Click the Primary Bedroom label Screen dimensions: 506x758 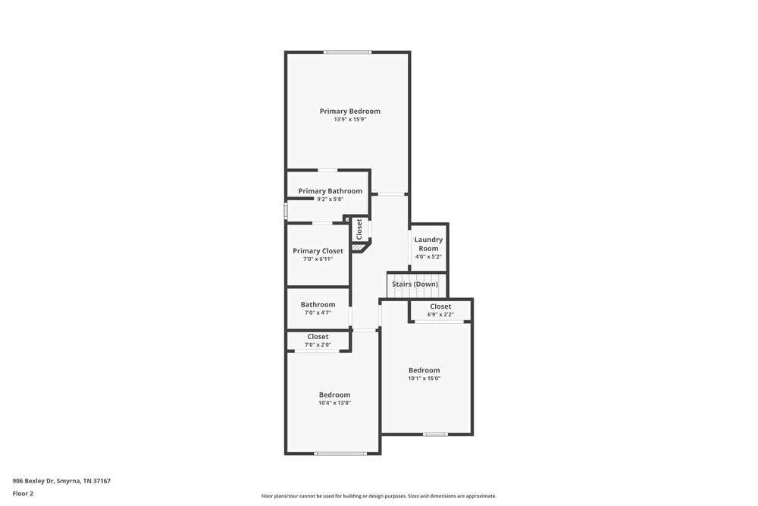tap(349, 112)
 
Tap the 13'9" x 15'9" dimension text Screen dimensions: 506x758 tap(349, 120)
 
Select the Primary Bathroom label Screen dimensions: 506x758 tap(330, 191)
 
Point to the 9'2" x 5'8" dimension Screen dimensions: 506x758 tap(330, 200)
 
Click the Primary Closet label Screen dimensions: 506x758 tap(318, 251)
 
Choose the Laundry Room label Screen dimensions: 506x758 tap(428, 244)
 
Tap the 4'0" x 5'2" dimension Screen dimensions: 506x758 tap(428, 256)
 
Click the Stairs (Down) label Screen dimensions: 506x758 tap(415, 284)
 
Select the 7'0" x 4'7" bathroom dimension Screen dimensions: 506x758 tap(318, 313)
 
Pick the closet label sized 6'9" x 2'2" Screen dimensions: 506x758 tap(440, 306)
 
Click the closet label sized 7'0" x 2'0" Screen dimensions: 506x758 tap(318, 337)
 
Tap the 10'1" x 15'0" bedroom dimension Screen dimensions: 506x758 tap(424, 379)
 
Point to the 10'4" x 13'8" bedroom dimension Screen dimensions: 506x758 tap(334, 404)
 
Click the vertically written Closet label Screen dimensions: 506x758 tap(359, 229)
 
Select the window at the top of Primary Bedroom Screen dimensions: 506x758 tap(348, 52)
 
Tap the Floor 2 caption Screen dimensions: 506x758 tap(23, 493)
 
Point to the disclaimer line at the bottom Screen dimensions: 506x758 tap(378, 496)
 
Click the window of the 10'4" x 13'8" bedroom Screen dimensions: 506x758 tap(340, 454)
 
